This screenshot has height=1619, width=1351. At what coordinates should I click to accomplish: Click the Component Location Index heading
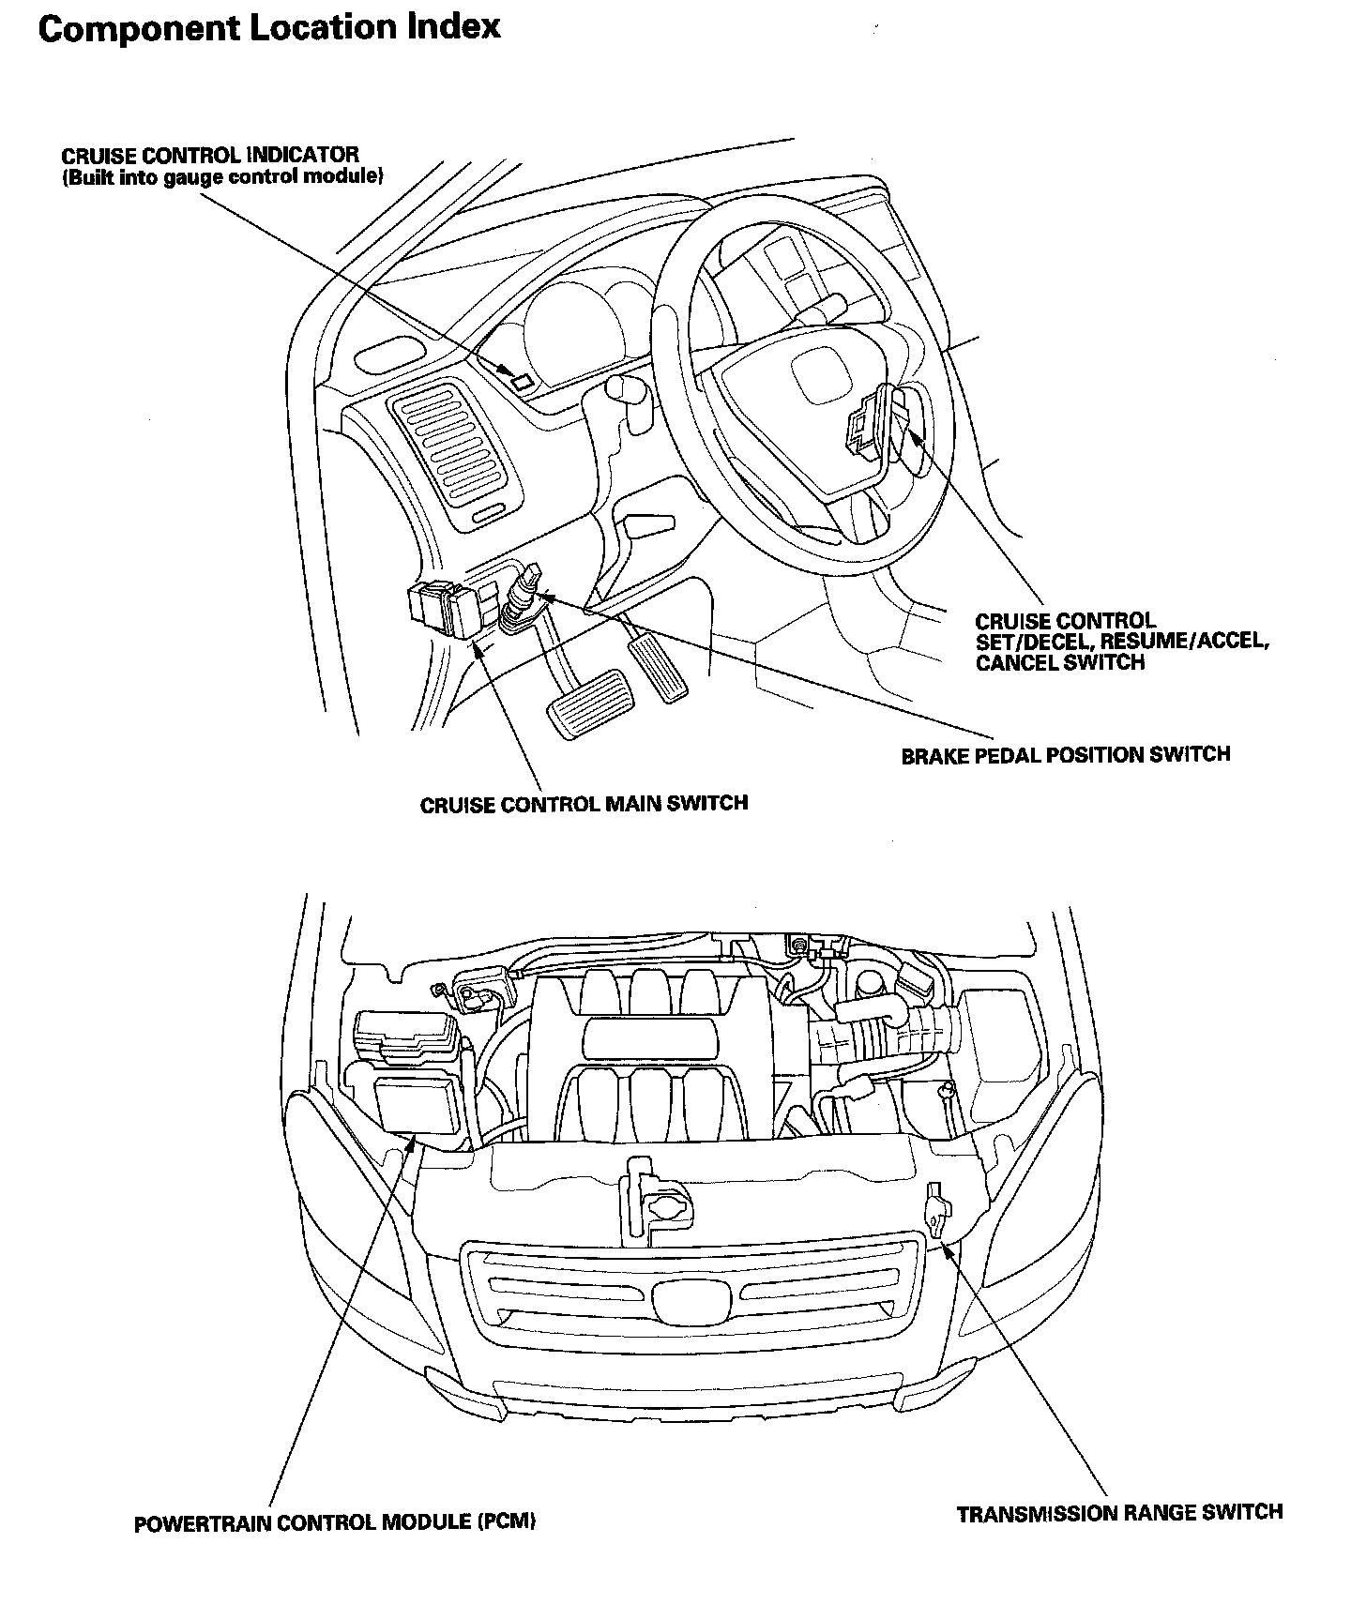click(269, 27)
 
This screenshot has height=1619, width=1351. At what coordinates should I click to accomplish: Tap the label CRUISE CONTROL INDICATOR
click(210, 155)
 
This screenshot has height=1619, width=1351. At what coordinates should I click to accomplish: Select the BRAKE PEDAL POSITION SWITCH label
click(1065, 754)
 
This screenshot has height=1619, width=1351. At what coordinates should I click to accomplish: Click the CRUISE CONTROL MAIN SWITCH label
click(584, 804)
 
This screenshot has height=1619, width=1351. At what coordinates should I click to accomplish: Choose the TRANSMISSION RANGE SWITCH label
click(1119, 1513)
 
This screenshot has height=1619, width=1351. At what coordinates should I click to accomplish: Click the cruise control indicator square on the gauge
click(522, 381)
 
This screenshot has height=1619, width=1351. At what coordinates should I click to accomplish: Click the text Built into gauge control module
click(222, 177)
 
